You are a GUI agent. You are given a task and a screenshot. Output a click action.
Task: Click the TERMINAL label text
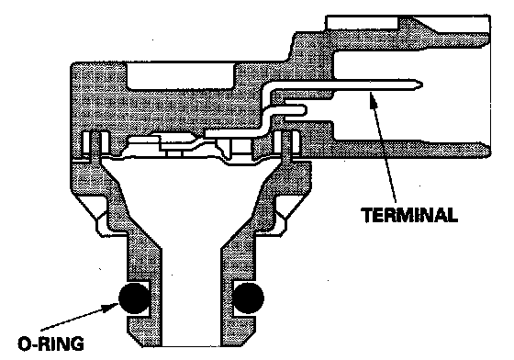tap(409, 215)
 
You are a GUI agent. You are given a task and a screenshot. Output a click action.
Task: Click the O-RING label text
tap(50, 344)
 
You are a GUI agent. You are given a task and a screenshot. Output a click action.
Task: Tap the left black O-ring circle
tap(133, 298)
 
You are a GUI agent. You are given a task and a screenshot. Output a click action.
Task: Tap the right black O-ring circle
tap(248, 298)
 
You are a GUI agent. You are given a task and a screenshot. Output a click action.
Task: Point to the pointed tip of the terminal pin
tap(421, 85)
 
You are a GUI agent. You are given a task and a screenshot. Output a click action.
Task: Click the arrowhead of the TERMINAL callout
tap(373, 97)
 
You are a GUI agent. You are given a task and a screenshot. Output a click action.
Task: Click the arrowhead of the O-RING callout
tap(111, 307)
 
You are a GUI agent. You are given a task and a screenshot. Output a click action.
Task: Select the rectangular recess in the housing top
tap(180, 75)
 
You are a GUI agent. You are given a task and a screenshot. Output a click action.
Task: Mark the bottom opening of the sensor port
tap(191, 345)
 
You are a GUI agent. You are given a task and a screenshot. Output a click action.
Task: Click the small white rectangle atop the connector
tap(362, 22)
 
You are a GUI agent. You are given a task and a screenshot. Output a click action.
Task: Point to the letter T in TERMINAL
tap(366, 215)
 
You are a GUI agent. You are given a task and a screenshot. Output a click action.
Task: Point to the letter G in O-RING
tap(77, 344)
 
